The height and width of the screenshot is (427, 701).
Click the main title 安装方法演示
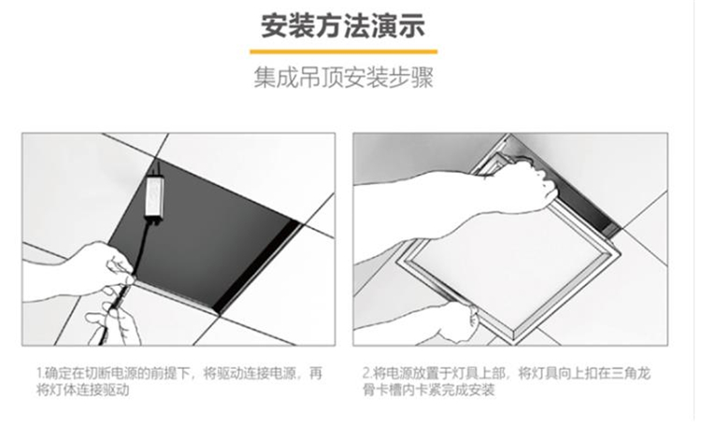coord(343,26)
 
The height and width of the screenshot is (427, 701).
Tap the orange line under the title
coord(343,52)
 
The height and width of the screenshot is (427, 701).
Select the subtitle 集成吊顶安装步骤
coord(343,78)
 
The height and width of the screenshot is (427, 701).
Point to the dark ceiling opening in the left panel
coord(201,233)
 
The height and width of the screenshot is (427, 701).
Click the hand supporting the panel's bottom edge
coord(451,324)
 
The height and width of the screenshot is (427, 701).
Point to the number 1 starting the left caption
coord(38,373)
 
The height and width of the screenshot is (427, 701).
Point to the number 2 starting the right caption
coord(366,373)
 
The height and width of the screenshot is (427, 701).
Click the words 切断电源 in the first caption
coord(110,373)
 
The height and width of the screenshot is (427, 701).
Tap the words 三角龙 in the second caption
coord(632,373)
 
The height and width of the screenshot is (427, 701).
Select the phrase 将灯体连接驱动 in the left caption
coord(82,390)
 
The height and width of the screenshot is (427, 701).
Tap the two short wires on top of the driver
coord(156,169)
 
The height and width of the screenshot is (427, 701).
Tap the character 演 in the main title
coord(383,26)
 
